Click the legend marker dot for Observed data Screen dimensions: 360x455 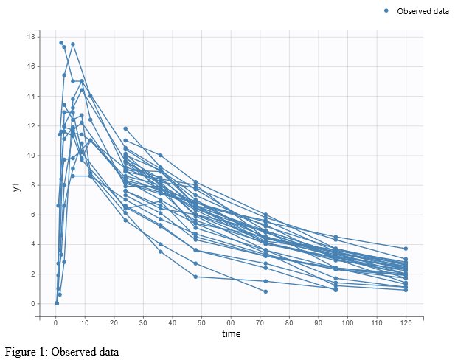click(387, 10)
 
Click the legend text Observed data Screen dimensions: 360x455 click(422, 11)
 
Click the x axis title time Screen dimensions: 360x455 click(231, 334)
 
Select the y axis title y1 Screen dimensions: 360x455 click(15, 187)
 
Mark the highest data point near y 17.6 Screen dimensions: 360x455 click(61, 43)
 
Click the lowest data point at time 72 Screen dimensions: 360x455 click(265, 291)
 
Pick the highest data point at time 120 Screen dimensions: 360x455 click(405, 249)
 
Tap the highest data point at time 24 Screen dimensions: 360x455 click(125, 128)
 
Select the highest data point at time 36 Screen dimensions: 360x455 click(160, 155)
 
